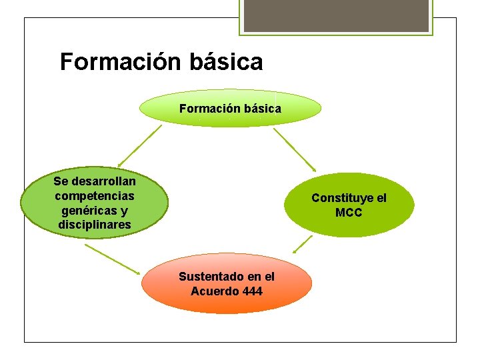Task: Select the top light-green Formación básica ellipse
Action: click(230, 108)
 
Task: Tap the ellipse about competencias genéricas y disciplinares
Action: click(94, 203)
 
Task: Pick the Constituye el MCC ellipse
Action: click(349, 205)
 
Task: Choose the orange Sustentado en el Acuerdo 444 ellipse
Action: click(227, 283)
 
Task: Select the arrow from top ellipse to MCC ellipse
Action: click(295, 149)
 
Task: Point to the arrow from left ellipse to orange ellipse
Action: click(113, 259)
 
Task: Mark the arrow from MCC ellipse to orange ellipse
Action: click(303, 243)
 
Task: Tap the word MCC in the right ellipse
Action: click(349, 213)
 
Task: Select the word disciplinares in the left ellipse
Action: click(95, 225)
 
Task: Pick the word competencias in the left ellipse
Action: click(95, 196)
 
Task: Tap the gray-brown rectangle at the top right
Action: click(335, 15)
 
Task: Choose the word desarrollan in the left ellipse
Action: click(103, 181)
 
